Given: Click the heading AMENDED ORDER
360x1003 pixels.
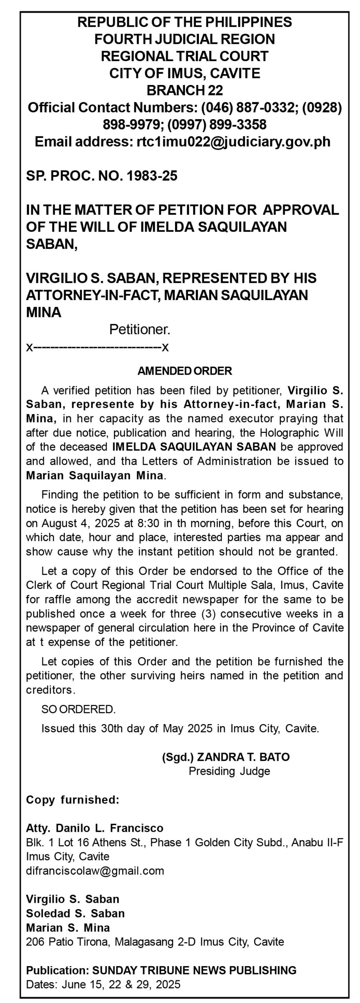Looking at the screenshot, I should pos(185,371).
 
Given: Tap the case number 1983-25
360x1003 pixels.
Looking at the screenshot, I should pos(152,176).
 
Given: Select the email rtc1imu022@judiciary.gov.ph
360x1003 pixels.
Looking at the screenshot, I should pos(233,141).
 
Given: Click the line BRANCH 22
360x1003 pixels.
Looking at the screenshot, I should pos(185,91).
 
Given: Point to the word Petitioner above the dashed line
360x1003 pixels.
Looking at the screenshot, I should pos(139,330).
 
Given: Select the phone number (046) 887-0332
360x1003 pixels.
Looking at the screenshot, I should pos(249,107).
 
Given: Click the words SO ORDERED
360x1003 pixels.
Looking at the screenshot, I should pos(78,709).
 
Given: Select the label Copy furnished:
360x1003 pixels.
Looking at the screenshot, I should pos(72,800).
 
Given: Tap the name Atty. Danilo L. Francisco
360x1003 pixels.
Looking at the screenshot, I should pos(94,828).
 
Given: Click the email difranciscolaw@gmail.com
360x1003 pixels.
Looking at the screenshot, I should pos(95,871).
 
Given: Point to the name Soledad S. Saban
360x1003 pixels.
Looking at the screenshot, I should pos(75,913).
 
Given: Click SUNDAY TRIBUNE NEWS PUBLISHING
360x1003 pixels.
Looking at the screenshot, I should pos(194,970).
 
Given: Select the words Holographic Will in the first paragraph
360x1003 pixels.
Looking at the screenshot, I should pos(305,433).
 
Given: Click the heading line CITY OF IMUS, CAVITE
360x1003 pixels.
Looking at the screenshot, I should pos(185,73).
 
